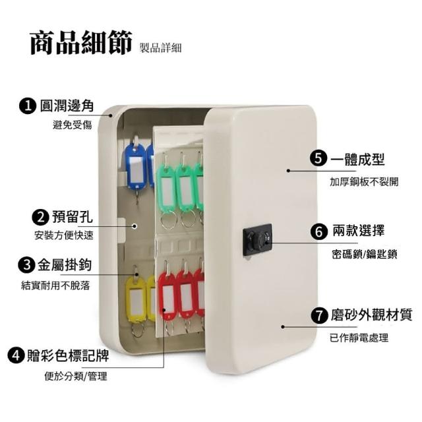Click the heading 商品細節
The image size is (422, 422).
81,43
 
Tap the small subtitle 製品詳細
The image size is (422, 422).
161,47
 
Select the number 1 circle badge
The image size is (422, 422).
28,105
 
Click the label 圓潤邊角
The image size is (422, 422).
67,105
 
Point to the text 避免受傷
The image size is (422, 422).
72,125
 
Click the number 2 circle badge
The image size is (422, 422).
40,217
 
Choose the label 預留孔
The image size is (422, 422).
73,217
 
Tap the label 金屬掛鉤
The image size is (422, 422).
65,265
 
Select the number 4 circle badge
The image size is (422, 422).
16,355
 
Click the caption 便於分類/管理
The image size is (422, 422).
76,377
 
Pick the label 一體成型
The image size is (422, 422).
357,159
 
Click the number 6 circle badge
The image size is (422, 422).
319,231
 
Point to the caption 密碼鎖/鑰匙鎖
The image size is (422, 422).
365,254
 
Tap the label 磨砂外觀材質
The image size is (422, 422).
371,315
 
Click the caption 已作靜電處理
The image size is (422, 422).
359,338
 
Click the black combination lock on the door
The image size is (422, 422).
258,240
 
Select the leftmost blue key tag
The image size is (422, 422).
136,166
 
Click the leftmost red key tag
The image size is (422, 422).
168,295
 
